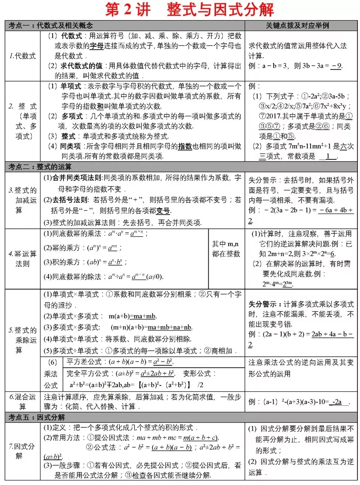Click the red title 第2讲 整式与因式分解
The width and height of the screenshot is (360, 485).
189,10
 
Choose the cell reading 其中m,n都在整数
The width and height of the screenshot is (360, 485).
227,248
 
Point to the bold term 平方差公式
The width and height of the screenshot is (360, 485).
84,362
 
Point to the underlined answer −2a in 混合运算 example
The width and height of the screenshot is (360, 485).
338,402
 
